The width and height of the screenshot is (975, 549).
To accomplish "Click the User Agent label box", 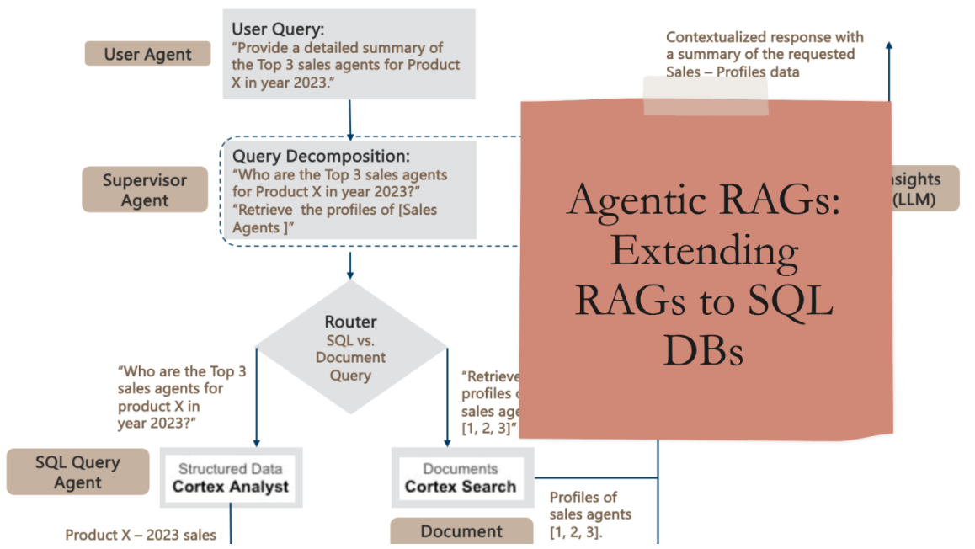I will click(147, 55).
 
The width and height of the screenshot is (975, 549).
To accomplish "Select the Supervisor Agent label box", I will click(145, 190).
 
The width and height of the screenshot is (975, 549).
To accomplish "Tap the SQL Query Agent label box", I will click(77, 472).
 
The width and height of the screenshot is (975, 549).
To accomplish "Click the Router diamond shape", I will click(350, 348).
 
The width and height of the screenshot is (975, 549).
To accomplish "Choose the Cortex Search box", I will click(460, 477).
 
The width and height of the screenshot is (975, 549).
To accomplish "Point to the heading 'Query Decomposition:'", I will click(321, 157).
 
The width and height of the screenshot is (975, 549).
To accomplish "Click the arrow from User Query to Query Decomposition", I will click(349, 118).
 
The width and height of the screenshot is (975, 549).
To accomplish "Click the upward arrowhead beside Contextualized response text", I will click(889, 48).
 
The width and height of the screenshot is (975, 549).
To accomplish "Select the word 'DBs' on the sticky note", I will click(703, 349).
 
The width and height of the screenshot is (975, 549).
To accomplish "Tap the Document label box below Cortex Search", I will click(461, 531).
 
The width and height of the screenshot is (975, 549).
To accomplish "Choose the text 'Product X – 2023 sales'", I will click(141, 535).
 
